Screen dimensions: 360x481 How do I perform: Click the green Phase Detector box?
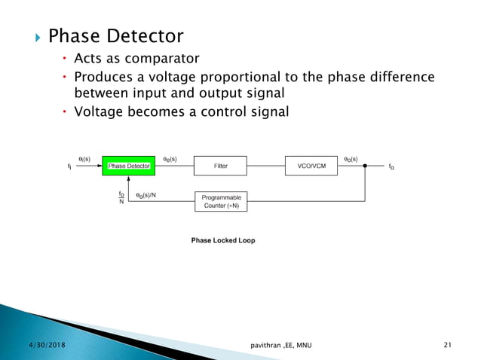pos(127,166)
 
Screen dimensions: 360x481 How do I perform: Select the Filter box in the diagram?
pos(220,166)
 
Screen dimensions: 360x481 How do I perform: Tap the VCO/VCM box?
pos(311,166)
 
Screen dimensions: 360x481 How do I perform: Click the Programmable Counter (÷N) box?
pos(221,202)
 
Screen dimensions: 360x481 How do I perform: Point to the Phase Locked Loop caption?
pos(222,240)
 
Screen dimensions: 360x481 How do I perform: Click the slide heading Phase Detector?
pos(115,36)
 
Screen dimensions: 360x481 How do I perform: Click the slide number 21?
pos(448,345)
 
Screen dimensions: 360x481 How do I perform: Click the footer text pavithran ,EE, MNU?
pos(283,345)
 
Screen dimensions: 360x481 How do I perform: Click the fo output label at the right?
pos(391,166)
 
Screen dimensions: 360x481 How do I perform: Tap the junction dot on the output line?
pos(366,166)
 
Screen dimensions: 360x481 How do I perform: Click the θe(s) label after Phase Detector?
pos(170,159)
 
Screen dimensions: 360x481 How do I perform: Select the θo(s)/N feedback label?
pos(148,195)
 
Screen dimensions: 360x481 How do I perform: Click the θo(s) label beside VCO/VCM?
pos(351,159)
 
